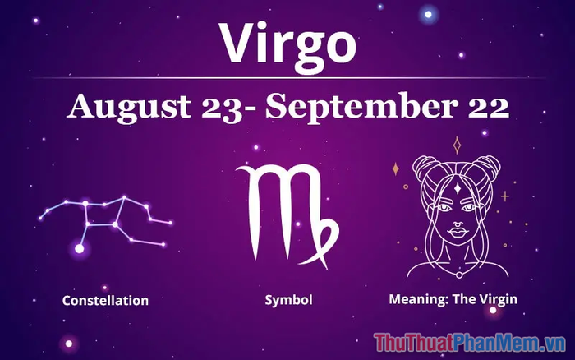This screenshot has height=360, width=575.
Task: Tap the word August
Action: click(128, 107)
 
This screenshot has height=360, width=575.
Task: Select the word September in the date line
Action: click(361, 107)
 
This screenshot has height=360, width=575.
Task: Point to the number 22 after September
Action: click(489, 106)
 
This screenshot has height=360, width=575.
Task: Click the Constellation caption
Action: click(106, 301)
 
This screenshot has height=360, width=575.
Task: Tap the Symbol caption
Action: click(288, 300)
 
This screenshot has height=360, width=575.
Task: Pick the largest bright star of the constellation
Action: click(79, 249)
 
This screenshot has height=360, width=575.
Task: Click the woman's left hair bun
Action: click(425, 165)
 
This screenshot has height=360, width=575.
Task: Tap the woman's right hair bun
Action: click(488, 165)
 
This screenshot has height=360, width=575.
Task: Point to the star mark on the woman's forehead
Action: click(458, 188)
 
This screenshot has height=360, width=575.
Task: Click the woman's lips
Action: click(457, 233)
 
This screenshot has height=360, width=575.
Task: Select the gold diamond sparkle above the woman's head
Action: click(457, 145)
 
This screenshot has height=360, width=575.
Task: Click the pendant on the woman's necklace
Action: click(458, 275)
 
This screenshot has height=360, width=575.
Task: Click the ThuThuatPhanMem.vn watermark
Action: click(470, 343)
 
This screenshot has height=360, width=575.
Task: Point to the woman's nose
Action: click(457, 222)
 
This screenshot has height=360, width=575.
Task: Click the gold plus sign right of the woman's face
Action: click(505, 196)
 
